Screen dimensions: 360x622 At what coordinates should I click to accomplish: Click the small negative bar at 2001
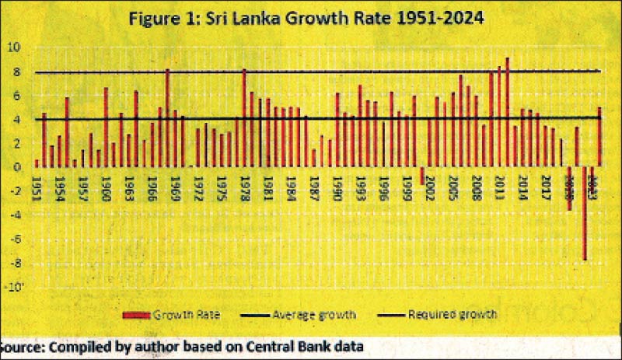pos(422,176)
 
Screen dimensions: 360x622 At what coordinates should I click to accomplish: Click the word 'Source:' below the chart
pos(24,344)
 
